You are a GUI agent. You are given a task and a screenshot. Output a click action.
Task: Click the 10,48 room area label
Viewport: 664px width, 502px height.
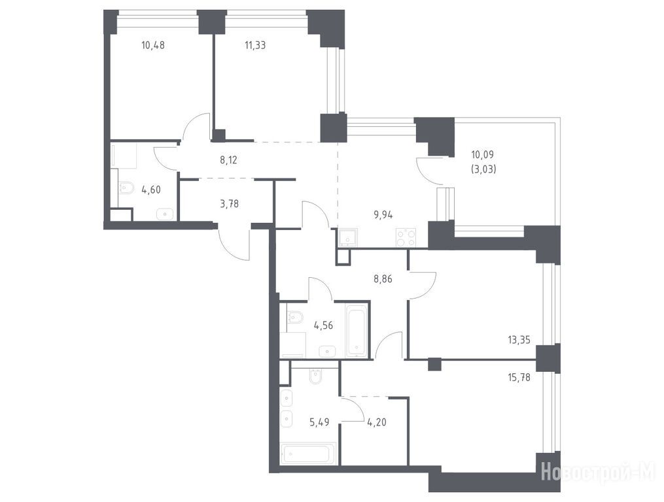(153, 45)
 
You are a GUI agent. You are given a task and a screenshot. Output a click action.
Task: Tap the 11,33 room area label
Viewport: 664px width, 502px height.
(255, 45)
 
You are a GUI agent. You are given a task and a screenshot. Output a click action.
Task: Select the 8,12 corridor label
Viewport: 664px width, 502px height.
(228, 160)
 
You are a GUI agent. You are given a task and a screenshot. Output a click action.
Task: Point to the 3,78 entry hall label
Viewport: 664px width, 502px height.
(229, 204)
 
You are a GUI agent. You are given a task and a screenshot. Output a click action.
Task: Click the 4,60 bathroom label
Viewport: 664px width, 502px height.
(151, 190)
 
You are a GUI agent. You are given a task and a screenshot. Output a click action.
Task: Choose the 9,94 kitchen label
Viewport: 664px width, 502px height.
(383, 215)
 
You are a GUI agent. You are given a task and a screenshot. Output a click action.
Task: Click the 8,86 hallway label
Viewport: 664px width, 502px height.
(383, 279)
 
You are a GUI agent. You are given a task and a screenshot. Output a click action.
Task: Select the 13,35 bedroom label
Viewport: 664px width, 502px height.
(519, 339)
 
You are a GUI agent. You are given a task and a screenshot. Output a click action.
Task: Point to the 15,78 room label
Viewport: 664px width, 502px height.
(519, 376)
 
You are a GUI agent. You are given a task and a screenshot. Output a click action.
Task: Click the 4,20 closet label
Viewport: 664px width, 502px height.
(376, 422)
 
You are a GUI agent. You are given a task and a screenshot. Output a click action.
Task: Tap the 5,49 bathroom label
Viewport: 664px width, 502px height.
(319, 422)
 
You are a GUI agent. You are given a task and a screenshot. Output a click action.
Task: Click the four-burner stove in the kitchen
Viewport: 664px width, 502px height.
(406, 237)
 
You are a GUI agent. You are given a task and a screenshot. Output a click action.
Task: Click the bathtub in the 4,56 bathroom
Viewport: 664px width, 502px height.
(356, 330)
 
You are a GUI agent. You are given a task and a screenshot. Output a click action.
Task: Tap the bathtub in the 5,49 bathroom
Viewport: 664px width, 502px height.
(308, 454)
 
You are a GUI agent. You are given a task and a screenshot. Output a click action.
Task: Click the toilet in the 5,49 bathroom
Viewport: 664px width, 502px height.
(316, 375)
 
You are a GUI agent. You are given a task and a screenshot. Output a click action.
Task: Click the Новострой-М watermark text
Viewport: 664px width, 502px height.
(598, 471)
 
